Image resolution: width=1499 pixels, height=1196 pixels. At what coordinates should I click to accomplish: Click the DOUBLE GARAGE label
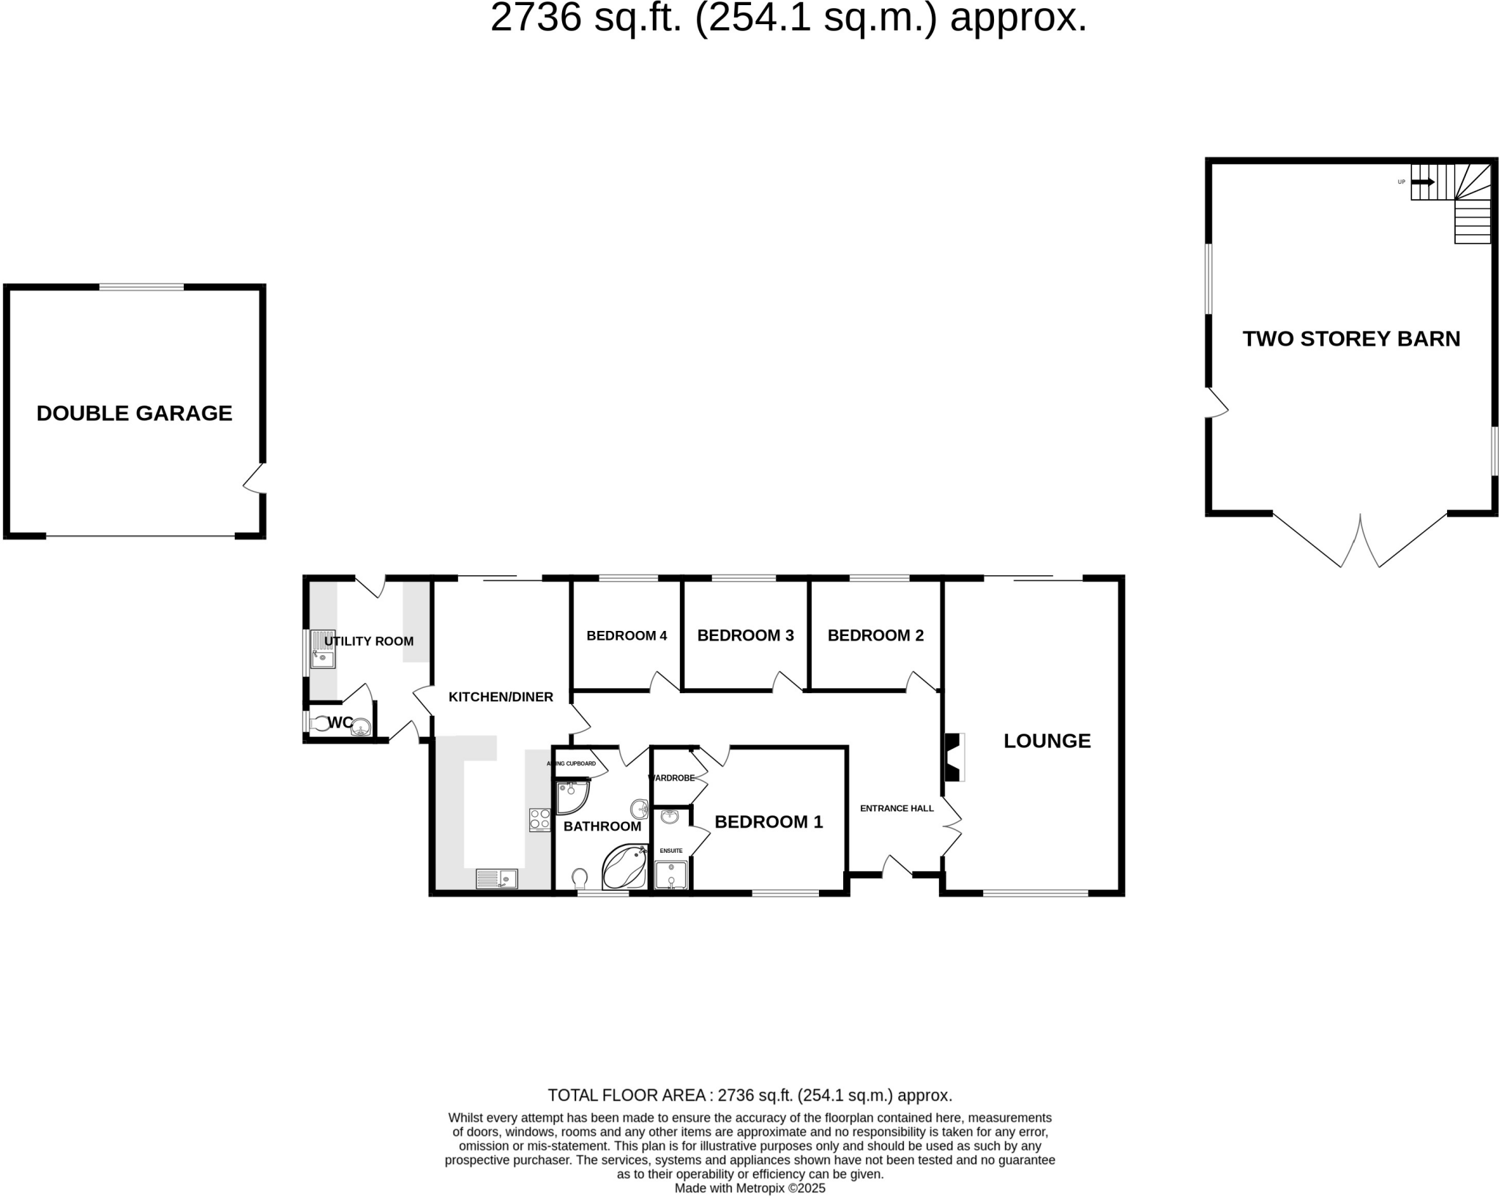(x=134, y=414)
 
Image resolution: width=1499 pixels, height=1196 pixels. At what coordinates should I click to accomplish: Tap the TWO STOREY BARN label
(x=1351, y=339)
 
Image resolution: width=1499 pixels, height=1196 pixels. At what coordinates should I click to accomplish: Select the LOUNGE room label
(x=1047, y=741)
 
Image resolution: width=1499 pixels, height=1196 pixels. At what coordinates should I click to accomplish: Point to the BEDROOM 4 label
(x=627, y=635)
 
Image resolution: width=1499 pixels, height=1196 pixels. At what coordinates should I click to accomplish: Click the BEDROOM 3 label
(x=745, y=635)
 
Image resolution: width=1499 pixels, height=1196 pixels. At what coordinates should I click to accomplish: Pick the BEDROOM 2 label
(x=875, y=635)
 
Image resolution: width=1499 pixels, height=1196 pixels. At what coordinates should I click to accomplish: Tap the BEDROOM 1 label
(x=769, y=822)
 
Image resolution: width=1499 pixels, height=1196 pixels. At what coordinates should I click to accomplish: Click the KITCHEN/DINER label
(x=501, y=697)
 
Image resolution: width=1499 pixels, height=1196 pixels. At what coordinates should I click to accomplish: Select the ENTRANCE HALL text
(x=897, y=809)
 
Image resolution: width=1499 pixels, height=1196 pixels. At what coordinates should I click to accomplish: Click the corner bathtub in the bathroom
(x=624, y=867)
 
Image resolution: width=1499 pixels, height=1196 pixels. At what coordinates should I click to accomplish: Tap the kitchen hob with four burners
(x=540, y=819)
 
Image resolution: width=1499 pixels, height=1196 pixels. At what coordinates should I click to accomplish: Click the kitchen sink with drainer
(x=496, y=878)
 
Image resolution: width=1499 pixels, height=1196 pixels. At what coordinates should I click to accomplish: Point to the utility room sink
(x=322, y=650)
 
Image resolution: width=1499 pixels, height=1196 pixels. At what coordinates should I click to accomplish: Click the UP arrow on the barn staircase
(x=1423, y=182)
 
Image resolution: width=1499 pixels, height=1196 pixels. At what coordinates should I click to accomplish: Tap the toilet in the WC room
(x=319, y=725)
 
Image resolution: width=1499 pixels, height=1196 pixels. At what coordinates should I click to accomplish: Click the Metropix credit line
(x=749, y=1188)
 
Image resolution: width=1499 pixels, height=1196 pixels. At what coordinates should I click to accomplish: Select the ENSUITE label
(x=671, y=851)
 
